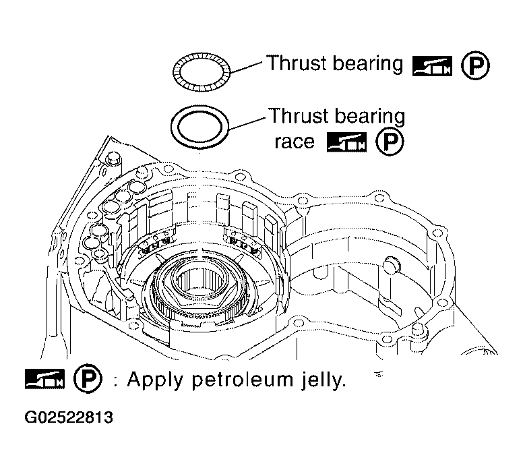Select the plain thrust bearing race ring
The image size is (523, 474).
(x=173, y=127)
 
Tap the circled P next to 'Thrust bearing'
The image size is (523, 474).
(x=476, y=65)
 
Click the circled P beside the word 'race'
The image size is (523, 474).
(x=390, y=142)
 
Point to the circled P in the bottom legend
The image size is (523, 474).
(x=88, y=378)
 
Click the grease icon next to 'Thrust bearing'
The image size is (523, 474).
(x=432, y=66)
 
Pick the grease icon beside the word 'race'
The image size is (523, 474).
(x=346, y=142)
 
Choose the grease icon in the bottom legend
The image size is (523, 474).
(x=44, y=379)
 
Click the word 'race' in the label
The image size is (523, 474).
(x=295, y=142)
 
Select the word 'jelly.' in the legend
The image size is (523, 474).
(x=323, y=380)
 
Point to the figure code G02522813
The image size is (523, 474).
(x=69, y=417)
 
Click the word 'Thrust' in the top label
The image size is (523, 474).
(x=297, y=63)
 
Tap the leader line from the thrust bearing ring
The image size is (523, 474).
(x=247, y=67)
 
